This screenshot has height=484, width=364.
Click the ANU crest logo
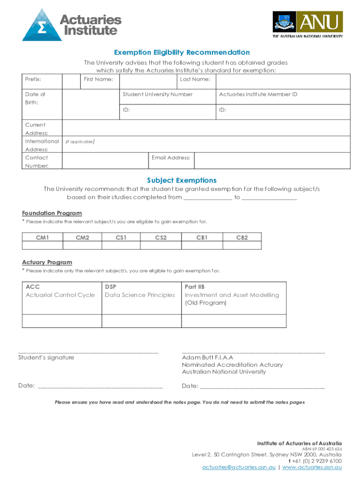pos(284,22)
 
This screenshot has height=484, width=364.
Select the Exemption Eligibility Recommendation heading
pos(182,52)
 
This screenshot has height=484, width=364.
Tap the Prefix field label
pos(33,79)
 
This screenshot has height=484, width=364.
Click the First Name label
pos(98,79)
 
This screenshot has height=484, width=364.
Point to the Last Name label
pos(195,79)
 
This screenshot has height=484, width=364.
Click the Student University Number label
pos(157,95)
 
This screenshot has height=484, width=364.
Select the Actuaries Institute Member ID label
pos(258,95)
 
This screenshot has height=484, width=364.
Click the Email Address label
pos(171,158)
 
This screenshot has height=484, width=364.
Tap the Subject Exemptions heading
pos(182,181)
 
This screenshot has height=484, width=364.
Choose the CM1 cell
pos(43,237)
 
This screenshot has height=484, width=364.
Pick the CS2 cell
pos(161,237)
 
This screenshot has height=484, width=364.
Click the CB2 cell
pos(242,237)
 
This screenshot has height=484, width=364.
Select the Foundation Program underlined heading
pos(52,213)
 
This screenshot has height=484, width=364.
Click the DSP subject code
pos(111,287)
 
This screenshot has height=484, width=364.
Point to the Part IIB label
pos(194,287)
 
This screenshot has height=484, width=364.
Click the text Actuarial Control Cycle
pos(60,295)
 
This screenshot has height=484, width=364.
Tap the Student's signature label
pos(46,358)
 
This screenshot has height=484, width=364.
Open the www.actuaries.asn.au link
pos(312,467)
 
